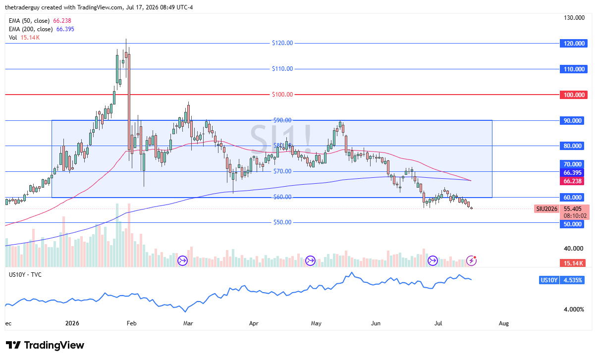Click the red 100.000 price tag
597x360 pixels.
click(574, 95)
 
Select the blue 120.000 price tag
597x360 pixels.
click(574, 44)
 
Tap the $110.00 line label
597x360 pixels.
click(282, 69)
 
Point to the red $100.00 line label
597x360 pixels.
click(282, 94)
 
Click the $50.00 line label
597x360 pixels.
click(282, 222)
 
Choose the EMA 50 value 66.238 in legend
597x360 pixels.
click(62, 21)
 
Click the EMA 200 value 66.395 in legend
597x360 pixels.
click(65, 29)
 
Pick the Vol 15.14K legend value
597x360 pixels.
click(30, 38)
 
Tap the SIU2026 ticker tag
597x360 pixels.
click(546, 209)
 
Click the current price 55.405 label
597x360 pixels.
click(573, 209)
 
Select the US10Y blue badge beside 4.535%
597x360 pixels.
click(549, 280)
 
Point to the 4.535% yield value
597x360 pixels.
click(572, 280)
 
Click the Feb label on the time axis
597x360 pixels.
click(131, 323)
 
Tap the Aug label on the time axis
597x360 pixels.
click(504, 323)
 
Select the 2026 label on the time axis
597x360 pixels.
click(72, 323)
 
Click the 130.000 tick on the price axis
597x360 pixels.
click(574, 18)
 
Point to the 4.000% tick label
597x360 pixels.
click(574, 309)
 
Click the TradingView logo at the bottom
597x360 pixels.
click(45, 345)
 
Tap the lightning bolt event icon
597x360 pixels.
click(471, 260)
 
